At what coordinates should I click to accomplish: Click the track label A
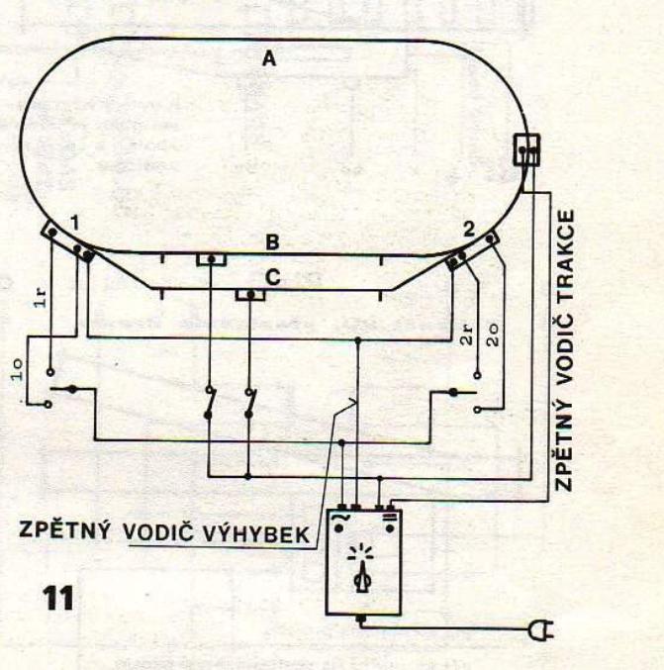(267, 59)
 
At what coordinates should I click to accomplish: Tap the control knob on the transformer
(361, 572)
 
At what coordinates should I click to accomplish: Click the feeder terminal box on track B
(212, 259)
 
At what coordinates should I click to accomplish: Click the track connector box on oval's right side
(524, 150)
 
